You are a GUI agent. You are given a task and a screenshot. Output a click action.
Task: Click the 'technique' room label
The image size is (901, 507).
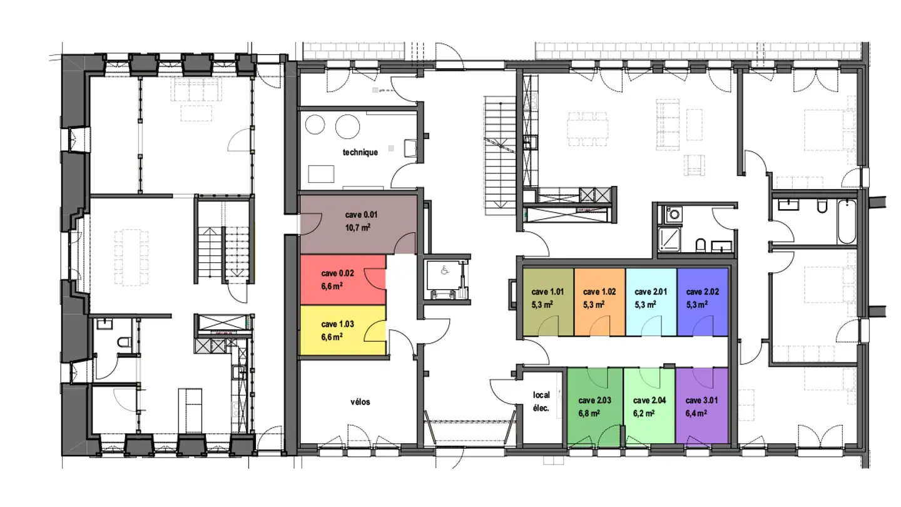[x=360, y=152]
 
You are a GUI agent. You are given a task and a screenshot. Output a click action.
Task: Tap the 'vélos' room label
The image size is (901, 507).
[x=360, y=402]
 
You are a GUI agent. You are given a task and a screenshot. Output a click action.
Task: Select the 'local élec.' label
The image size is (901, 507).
[x=541, y=402]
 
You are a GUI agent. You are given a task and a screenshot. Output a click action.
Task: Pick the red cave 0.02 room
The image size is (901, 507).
[x=343, y=280]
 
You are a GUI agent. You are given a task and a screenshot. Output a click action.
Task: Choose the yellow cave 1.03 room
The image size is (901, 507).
[x=343, y=330]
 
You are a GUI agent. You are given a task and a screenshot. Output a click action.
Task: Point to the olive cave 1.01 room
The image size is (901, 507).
[x=548, y=302]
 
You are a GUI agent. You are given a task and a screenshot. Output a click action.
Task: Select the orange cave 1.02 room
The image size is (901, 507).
[x=599, y=302]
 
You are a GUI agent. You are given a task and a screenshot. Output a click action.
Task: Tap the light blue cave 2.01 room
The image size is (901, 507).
[x=651, y=302]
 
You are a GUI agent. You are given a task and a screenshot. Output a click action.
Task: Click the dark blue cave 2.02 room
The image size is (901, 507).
[x=703, y=302]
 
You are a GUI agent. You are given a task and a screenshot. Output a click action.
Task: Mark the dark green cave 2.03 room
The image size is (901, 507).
[x=595, y=406]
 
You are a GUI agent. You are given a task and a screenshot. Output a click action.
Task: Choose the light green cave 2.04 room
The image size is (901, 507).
[x=649, y=406]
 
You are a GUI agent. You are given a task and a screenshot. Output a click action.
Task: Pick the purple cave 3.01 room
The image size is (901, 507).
[x=702, y=406]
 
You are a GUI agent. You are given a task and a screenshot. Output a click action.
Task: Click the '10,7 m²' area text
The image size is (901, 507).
[x=358, y=228]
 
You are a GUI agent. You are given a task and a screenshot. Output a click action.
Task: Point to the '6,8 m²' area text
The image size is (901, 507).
[x=589, y=413]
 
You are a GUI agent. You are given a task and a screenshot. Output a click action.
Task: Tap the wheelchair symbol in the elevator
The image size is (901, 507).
[x=444, y=271]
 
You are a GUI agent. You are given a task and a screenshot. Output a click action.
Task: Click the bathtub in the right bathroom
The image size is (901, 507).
[x=847, y=222]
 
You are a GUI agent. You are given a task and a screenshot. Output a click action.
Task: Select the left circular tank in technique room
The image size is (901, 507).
[x=315, y=125]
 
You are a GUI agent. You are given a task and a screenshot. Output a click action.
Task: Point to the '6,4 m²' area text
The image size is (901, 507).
[x=696, y=413]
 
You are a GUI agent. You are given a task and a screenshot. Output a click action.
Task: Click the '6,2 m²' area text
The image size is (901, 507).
[x=644, y=413]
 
